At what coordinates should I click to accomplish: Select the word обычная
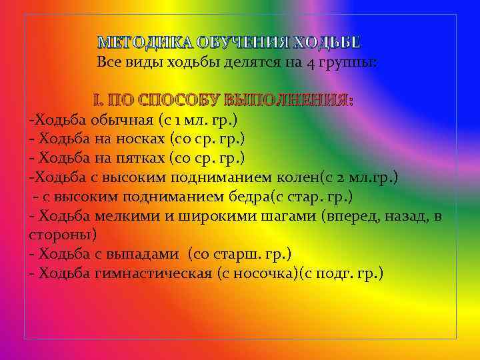click(117, 120)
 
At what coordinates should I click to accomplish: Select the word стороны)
click(63, 235)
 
